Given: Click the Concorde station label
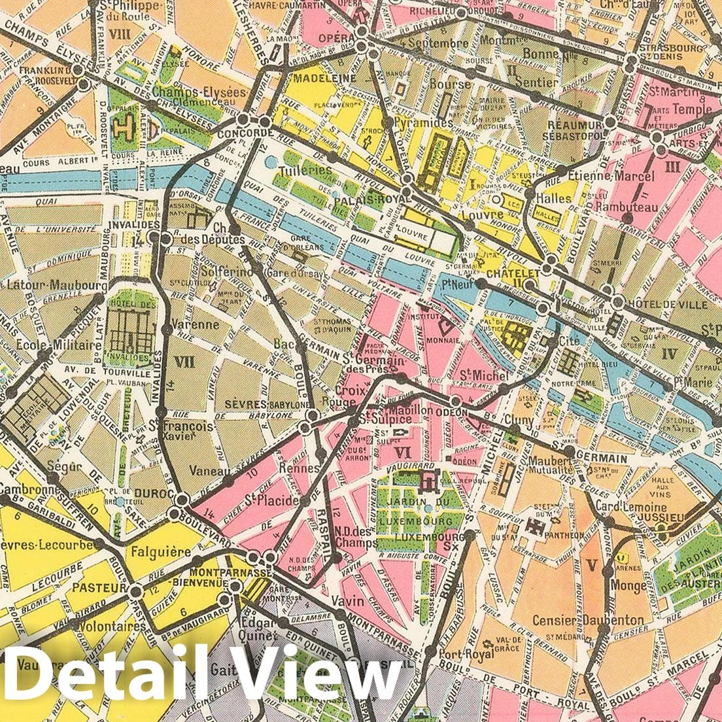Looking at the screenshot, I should (x=249, y=133).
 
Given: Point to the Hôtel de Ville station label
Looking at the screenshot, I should (x=666, y=305).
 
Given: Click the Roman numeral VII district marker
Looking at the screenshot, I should (x=184, y=361).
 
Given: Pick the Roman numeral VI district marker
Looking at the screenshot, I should (x=402, y=451).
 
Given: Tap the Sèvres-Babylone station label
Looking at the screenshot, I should (x=266, y=405).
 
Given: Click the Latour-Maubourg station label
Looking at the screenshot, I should (x=56, y=286).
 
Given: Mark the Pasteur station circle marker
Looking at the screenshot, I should (x=135, y=591).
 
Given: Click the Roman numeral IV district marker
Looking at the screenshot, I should (x=668, y=354).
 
